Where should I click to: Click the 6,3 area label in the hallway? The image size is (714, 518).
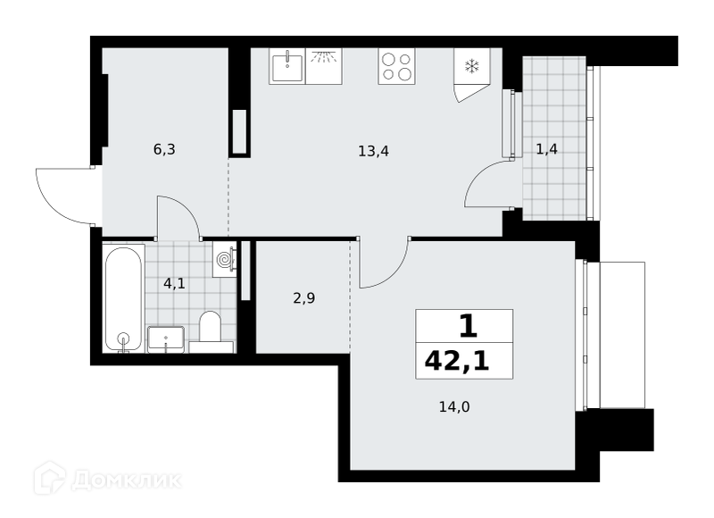point(164,149)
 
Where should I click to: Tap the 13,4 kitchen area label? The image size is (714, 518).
point(373,151)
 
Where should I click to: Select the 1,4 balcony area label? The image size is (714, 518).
point(546,149)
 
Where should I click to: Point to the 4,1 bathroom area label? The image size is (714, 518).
point(174,283)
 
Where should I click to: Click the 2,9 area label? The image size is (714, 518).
point(304,298)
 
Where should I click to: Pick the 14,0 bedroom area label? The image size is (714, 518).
point(454,406)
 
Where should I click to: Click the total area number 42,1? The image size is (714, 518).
point(457,362)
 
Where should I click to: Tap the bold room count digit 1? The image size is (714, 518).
point(468,326)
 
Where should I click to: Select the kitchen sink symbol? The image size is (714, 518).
point(287,66)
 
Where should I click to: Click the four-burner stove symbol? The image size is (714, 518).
point(396,66)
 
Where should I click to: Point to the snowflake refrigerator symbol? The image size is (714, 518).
point(472,66)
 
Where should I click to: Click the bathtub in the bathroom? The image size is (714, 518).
point(123,298)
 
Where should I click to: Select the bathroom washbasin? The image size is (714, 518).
point(166,339)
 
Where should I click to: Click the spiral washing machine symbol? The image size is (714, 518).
point(225,260)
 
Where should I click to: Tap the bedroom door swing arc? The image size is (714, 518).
point(394,273)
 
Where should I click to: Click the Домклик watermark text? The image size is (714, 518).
point(126,480)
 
